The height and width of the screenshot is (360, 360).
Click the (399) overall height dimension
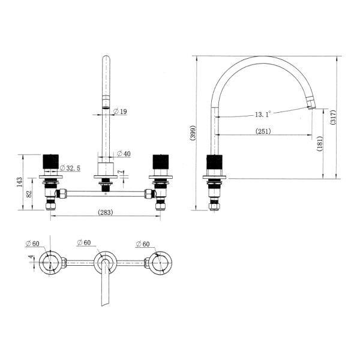coord(193,133)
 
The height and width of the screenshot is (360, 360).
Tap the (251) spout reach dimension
coord(263,131)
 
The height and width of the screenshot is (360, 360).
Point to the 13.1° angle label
coord(262,113)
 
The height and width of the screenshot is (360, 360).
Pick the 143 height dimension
coord(19,181)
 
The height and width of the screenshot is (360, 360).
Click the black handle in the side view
coord(214,164)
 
